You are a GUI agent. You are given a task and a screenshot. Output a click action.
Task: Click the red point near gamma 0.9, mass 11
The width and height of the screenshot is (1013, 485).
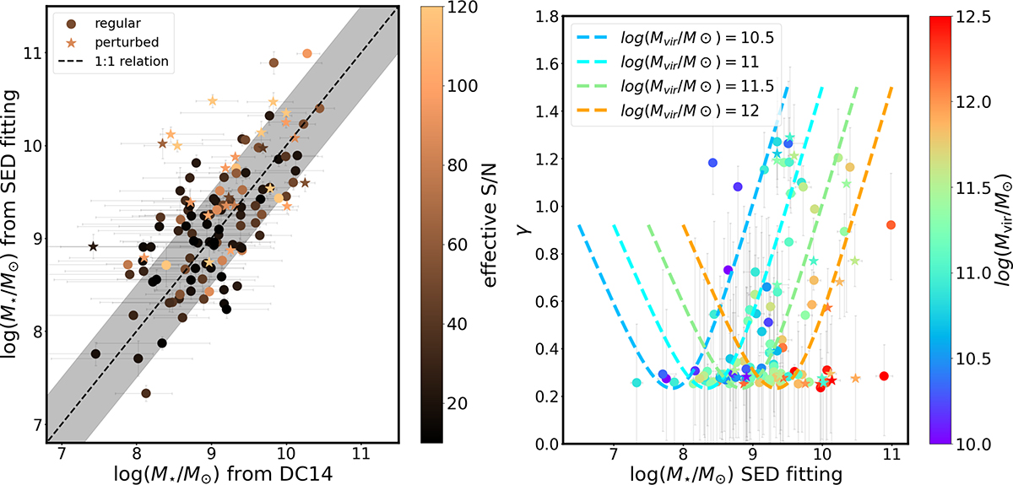891,224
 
